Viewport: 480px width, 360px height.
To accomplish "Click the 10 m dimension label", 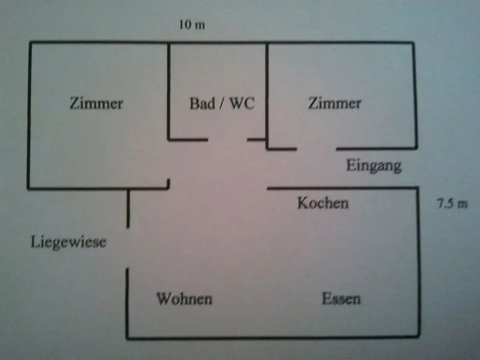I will [192, 25].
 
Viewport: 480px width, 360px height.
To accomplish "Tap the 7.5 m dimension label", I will [452, 204].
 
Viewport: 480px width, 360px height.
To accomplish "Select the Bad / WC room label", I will [222, 104].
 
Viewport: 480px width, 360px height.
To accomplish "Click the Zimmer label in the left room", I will [96, 103].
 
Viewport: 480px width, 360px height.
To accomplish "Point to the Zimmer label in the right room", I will [334, 103].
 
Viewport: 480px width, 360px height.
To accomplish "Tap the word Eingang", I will [374, 165].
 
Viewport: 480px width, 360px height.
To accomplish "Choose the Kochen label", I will [322, 203].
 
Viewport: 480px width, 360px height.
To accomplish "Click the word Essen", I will [341, 299].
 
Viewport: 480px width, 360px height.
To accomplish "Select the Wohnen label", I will [184, 299].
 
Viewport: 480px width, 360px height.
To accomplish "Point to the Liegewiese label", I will [68, 242].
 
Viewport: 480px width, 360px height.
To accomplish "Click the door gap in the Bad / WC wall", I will [227, 139].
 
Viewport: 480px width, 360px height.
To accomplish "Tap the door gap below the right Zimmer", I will [316, 149].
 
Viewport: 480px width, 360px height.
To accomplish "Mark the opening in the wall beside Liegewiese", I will [127, 248].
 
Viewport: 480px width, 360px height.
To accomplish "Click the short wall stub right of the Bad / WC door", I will [256, 139].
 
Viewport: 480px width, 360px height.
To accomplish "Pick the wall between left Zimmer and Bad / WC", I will [169, 91].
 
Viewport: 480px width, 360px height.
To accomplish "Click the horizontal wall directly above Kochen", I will [342, 188].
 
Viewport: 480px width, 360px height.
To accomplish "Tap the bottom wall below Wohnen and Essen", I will [272, 337].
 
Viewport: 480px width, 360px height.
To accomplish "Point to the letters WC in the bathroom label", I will [242, 104].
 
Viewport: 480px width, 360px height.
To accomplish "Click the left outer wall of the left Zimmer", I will [29, 115].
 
